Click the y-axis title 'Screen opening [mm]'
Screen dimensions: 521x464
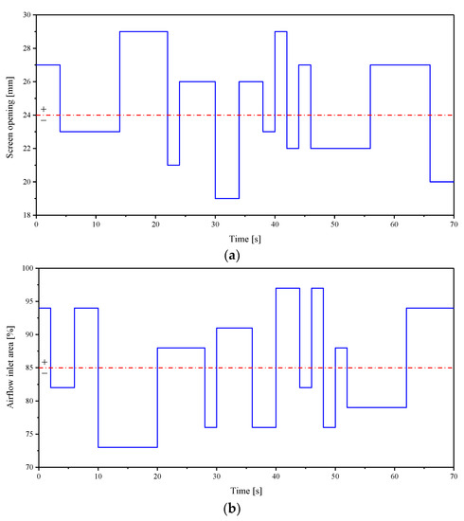(10, 116)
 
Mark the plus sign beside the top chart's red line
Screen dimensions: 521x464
(44, 110)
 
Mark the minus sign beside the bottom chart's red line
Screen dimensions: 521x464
(44, 373)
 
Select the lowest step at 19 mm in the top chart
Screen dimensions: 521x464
(226, 198)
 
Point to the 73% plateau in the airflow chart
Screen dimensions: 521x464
(127, 447)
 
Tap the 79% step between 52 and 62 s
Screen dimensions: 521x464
(376, 407)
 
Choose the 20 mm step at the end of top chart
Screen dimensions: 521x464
(441, 182)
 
